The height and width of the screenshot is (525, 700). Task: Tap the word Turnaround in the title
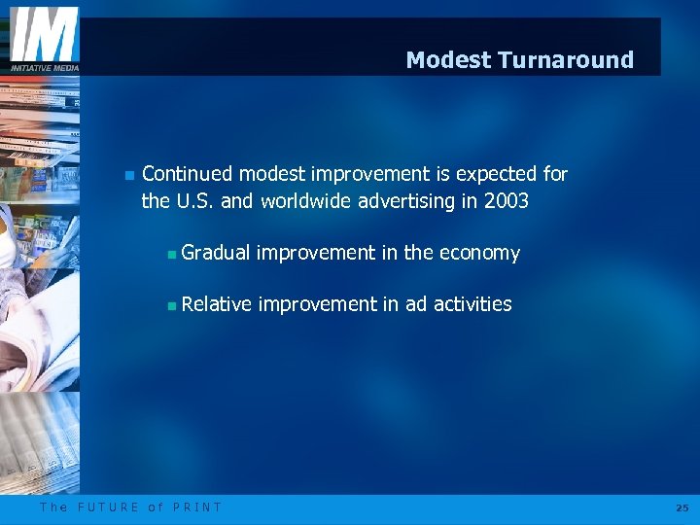[566, 60]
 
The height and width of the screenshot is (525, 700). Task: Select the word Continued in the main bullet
[187, 175]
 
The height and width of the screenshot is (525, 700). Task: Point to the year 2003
[506, 201]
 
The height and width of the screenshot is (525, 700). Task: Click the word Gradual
[215, 254]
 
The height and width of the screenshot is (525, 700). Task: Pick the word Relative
[216, 305]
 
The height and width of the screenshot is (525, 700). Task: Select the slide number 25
[681, 507]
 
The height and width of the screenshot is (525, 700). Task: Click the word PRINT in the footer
[197, 507]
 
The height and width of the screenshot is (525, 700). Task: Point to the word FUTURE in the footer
[109, 507]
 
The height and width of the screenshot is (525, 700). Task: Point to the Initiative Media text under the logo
[44, 67]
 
